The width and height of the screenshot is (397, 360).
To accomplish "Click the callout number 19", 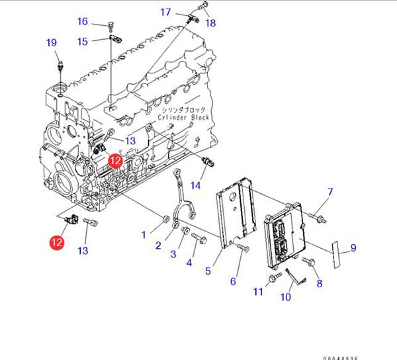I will pos(52,43).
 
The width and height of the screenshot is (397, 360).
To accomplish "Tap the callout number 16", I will pos(83,22).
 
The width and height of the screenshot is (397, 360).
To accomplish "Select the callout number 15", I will pos(83,42).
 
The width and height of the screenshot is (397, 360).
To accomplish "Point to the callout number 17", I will pos(165,12).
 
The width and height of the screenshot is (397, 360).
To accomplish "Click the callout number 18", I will pos(210,23).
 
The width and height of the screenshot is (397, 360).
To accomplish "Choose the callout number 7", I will pos(330,193).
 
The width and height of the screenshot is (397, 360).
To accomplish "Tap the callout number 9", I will pos(353,248).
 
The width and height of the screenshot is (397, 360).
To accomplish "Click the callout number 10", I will pos(286,297).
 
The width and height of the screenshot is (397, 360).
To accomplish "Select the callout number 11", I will pos(258,292).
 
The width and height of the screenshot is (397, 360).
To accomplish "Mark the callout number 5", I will pos(208,271).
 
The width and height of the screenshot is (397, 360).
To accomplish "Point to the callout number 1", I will pos(144,234).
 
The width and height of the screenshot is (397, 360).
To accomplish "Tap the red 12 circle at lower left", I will pos(56,243).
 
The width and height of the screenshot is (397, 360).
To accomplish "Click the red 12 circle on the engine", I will pos(116,160).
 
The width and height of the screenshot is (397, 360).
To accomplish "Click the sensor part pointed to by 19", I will pos(61,66).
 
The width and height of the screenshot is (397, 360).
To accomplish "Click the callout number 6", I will pos(233,281).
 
